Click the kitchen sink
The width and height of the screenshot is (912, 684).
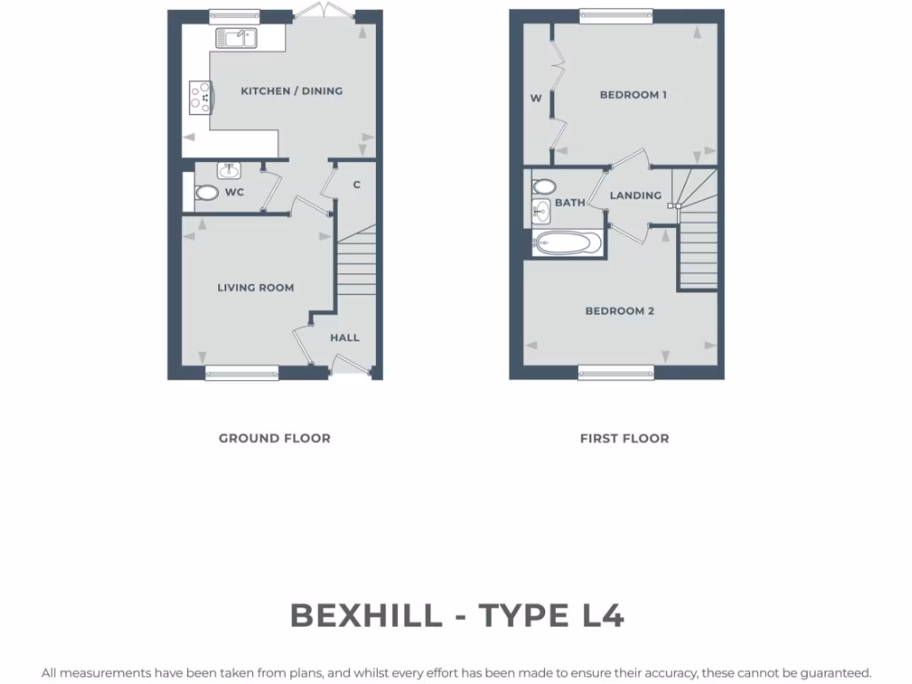pyautogui.click(x=235, y=37)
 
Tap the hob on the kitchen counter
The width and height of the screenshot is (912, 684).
pyautogui.click(x=200, y=97)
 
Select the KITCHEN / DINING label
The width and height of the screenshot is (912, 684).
pyautogui.click(x=291, y=91)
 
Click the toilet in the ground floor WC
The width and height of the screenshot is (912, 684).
pyautogui.click(x=207, y=192)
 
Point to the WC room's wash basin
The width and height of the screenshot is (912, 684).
pyautogui.click(x=229, y=171)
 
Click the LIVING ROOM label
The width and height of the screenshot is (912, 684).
pyautogui.click(x=256, y=288)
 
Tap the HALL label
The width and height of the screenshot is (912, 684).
pyautogui.click(x=345, y=338)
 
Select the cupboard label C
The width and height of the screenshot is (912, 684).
pyautogui.click(x=356, y=185)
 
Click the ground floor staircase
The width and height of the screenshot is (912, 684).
pyautogui.click(x=355, y=267)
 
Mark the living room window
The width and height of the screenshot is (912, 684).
pyautogui.click(x=241, y=373)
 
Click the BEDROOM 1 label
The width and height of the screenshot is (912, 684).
pyautogui.click(x=633, y=94)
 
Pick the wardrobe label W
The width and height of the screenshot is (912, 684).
pyautogui.click(x=536, y=99)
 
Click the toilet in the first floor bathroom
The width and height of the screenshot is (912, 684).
pyautogui.click(x=543, y=187)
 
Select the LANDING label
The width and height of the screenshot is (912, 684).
pyautogui.click(x=635, y=195)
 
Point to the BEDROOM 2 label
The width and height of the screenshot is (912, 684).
pyautogui.click(x=620, y=311)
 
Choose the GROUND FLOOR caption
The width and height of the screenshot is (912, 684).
pyautogui.click(x=274, y=438)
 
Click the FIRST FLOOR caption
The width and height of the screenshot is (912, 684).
pyautogui.click(x=624, y=438)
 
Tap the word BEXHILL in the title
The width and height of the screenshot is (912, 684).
pyautogui.click(x=365, y=615)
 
